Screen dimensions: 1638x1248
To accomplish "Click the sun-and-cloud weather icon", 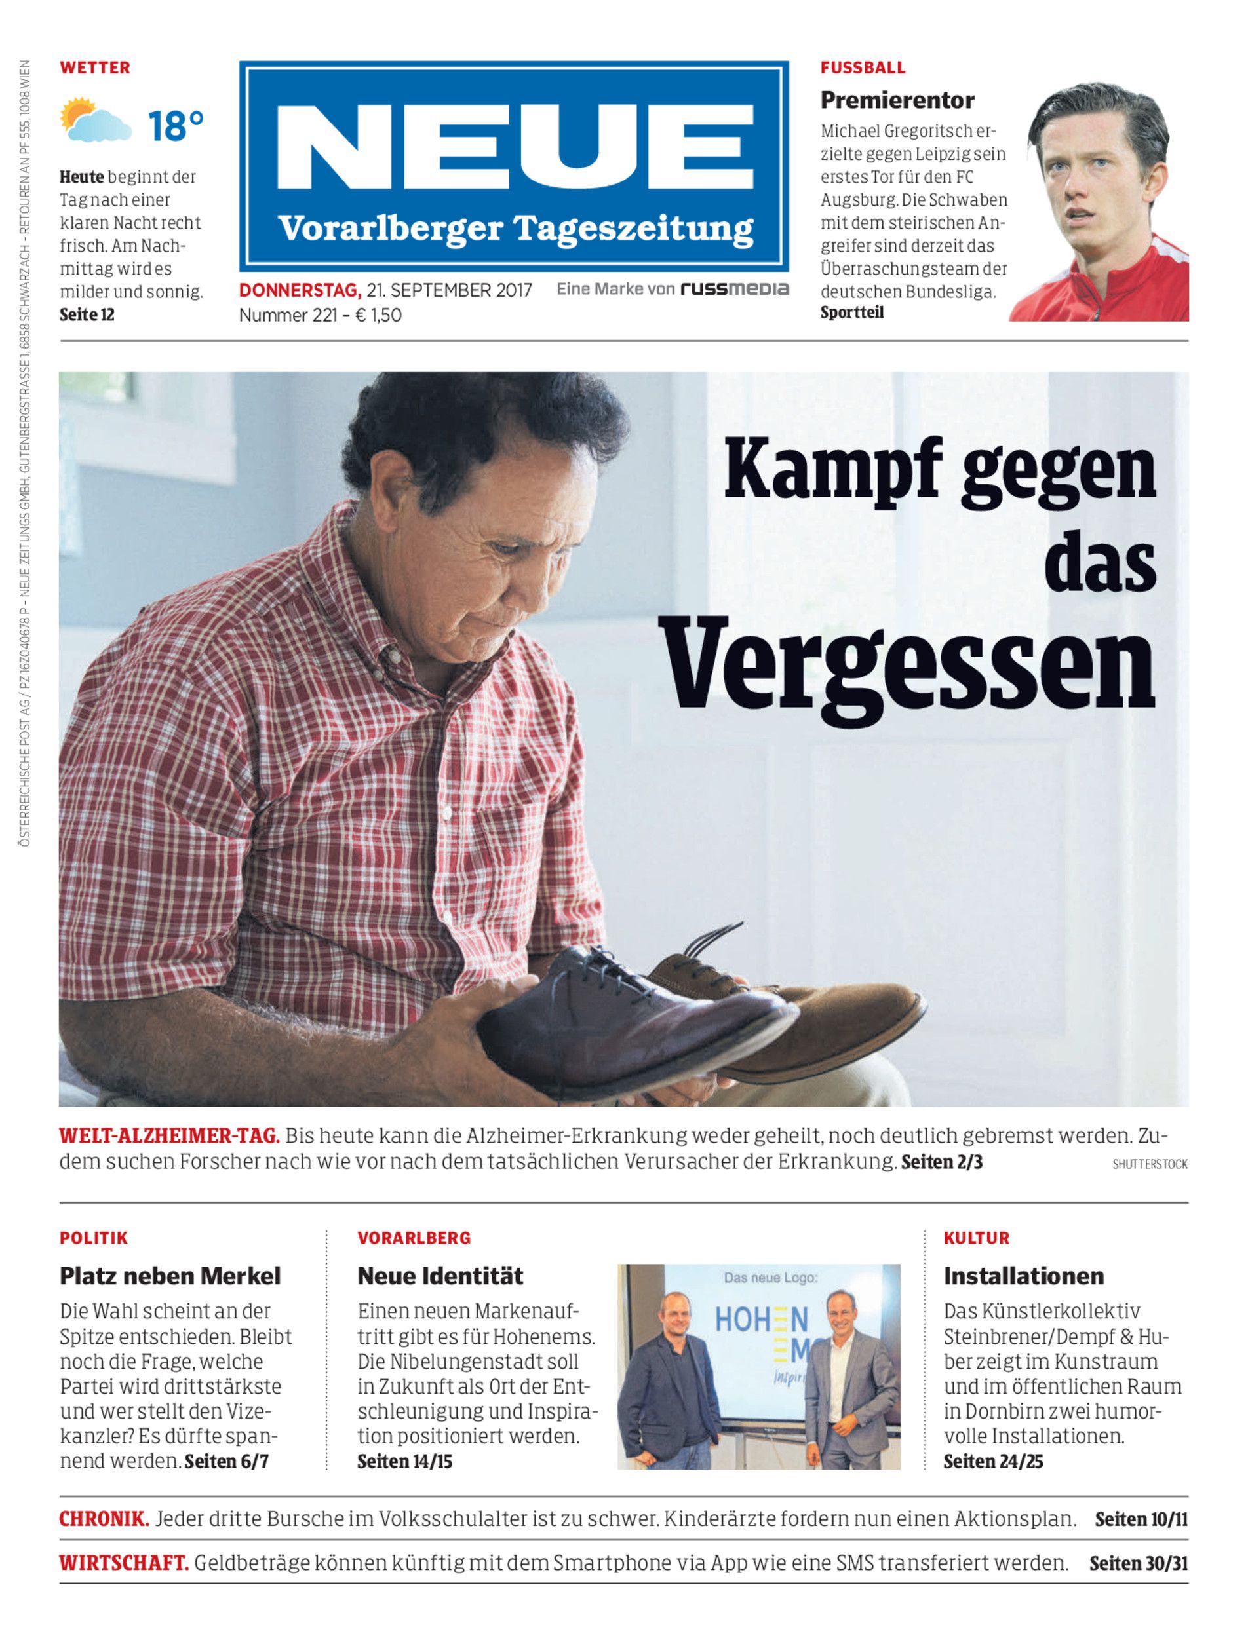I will [95, 121].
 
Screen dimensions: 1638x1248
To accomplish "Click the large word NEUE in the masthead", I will [514, 147].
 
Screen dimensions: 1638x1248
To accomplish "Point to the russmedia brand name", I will [734, 289].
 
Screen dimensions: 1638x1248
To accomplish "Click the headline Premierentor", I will [897, 100].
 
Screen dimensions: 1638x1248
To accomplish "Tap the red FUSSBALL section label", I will [863, 67].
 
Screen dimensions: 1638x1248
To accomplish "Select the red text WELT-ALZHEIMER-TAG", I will [169, 1136].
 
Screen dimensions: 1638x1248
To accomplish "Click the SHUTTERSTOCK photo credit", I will [1149, 1164].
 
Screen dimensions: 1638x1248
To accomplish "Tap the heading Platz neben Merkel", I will [170, 1276].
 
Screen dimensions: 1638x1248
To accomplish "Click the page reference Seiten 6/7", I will [227, 1461].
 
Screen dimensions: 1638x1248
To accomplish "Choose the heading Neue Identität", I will [440, 1276].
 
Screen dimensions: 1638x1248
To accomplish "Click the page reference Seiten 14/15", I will [405, 1461].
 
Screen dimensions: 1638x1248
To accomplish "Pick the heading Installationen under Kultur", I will [1023, 1276].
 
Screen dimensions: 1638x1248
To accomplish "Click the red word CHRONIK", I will [104, 1519].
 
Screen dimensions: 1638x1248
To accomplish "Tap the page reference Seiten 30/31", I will [1138, 1563].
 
